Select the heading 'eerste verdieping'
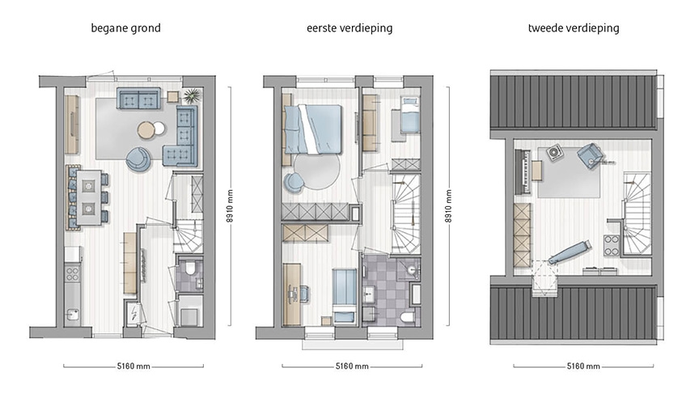pyautogui.click(x=349, y=28)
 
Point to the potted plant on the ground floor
pyautogui.click(x=192, y=97)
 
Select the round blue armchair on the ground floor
pyautogui.click(x=138, y=159)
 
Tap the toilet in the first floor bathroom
pyautogui.click(x=407, y=315)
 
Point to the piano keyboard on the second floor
pyautogui.click(x=525, y=171)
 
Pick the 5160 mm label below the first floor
pyautogui.click(x=349, y=366)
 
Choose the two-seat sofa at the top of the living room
pyautogui.click(x=138, y=99)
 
